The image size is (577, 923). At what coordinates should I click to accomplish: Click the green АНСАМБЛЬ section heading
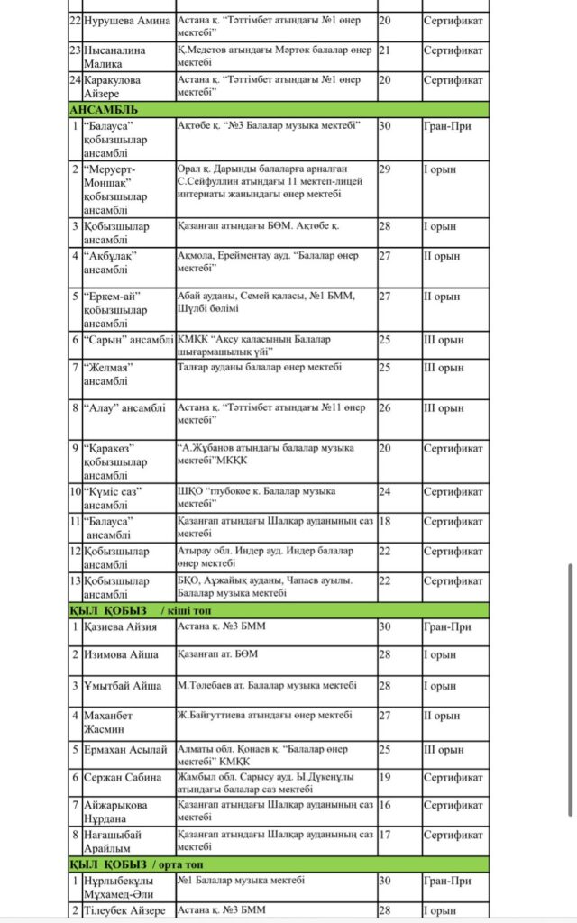[x=105, y=110]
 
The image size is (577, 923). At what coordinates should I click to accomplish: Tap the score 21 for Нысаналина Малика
[x=385, y=50]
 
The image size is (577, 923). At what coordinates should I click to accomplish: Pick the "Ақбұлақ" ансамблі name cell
[x=113, y=262]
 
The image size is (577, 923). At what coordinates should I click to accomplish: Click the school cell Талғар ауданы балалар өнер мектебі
[x=260, y=367]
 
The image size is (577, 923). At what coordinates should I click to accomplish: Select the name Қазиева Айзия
[x=121, y=626]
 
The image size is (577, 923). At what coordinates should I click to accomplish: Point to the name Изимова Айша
[x=121, y=654]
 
